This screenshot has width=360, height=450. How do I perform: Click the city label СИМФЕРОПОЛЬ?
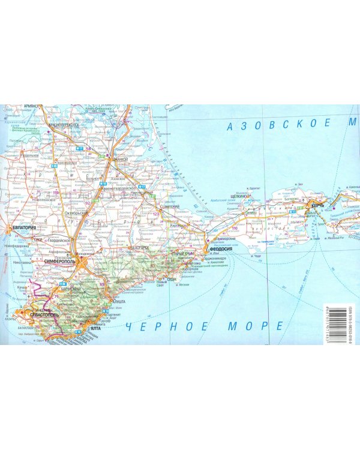59,263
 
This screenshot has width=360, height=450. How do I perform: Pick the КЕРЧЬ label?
317,206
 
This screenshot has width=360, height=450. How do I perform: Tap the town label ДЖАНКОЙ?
121,160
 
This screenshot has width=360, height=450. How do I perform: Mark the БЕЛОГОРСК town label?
139,247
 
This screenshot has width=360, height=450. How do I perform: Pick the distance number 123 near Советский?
156,214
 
